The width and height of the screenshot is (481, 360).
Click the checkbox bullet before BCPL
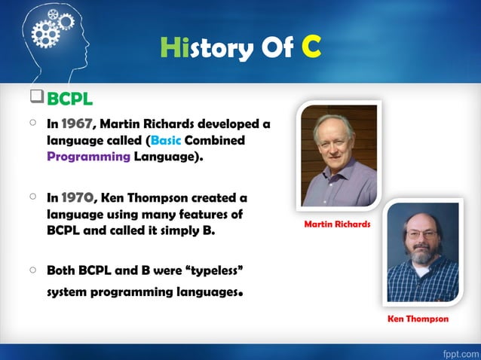tap(36, 98)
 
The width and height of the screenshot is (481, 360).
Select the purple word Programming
tap(88, 157)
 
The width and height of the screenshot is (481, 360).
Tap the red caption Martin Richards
tap(337, 224)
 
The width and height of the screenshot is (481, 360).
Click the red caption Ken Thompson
tap(418, 319)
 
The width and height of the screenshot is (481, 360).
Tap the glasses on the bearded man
tap(422, 235)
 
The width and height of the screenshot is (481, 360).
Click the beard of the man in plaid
tap(423, 256)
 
